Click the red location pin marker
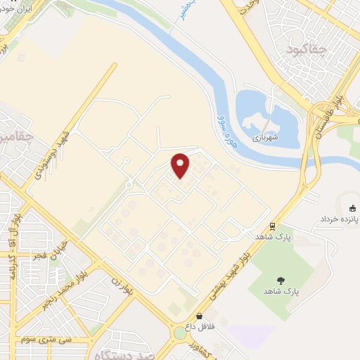pos(181,165)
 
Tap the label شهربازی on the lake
pos(266,138)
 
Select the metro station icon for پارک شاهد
pos(272,226)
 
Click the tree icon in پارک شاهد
pos(282,279)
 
